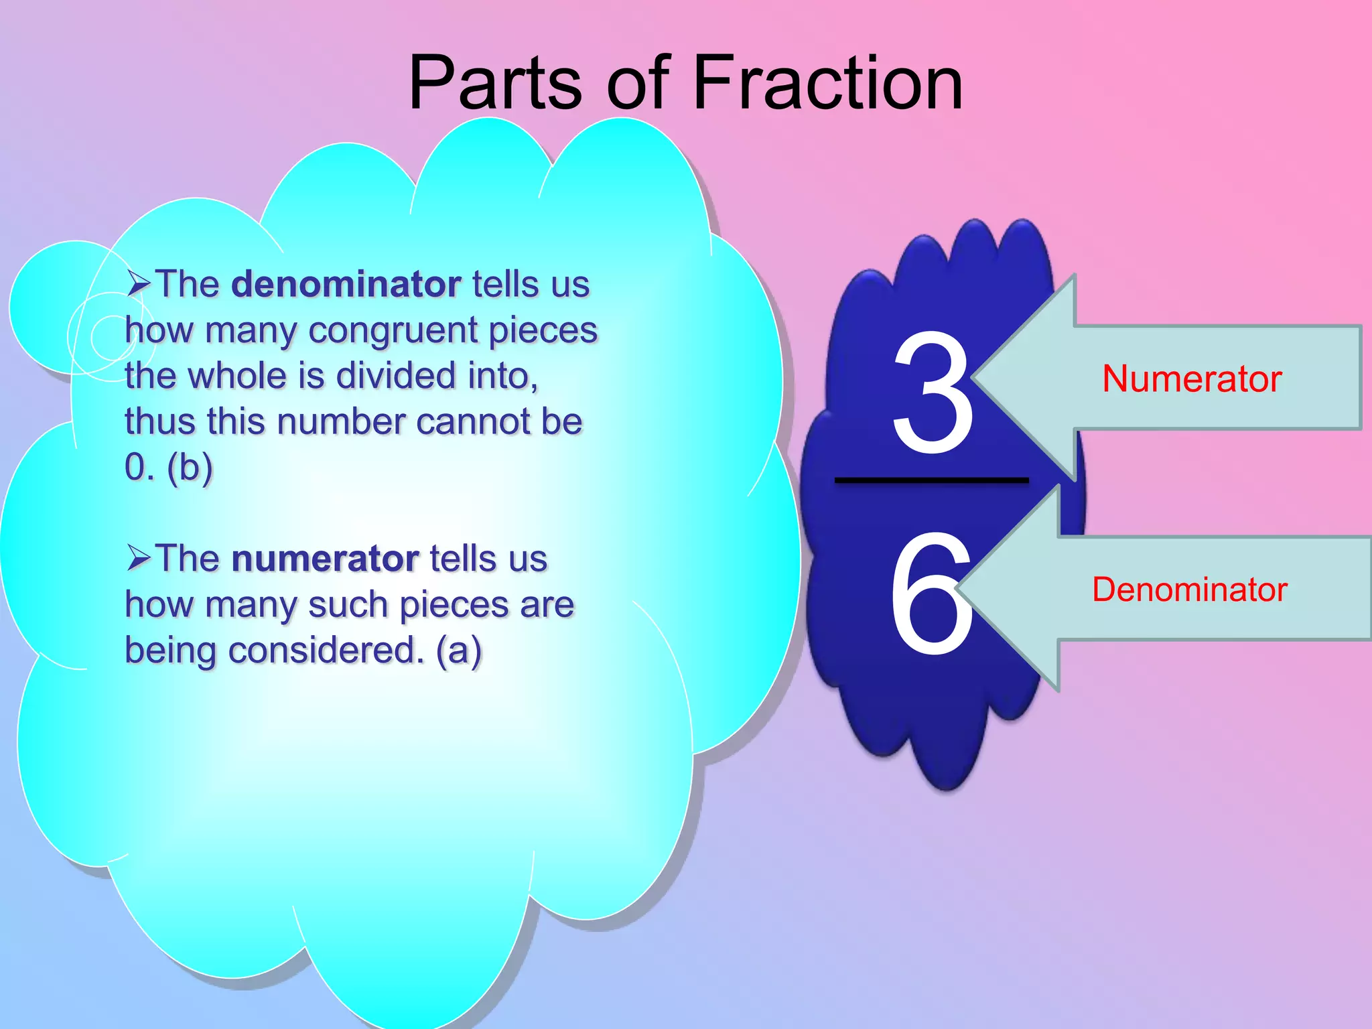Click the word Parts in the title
click(x=494, y=83)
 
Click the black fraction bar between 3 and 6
click(x=931, y=480)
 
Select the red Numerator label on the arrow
click(x=1192, y=379)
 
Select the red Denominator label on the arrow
click(x=1190, y=590)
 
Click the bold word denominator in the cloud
click(x=346, y=285)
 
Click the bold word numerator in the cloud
click(x=325, y=559)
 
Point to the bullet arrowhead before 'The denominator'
click(x=138, y=284)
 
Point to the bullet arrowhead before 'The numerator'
click(x=138, y=558)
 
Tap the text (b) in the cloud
click(x=190, y=467)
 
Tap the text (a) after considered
click(x=459, y=650)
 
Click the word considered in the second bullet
click(x=326, y=650)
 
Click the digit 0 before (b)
click(x=135, y=467)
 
